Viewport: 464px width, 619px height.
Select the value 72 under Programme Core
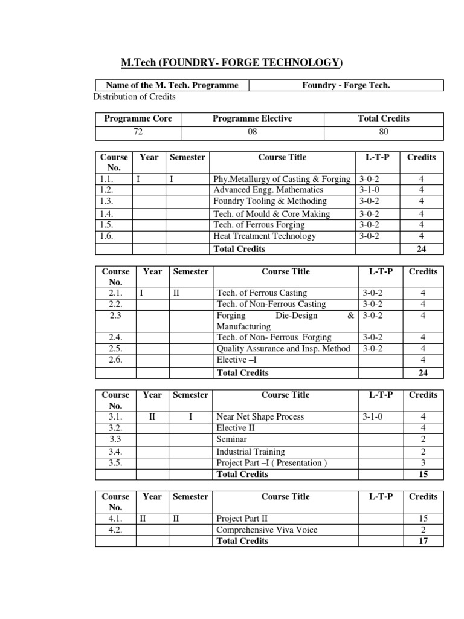(x=138, y=131)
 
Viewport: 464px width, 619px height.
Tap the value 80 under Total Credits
(x=384, y=131)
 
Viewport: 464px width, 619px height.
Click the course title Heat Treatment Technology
(x=265, y=236)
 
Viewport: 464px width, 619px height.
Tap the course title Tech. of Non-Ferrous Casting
(x=271, y=304)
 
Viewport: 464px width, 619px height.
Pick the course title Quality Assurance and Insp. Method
(x=283, y=349)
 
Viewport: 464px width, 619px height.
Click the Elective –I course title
(x=231, y=360)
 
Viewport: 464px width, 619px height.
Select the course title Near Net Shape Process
(x=260, y=416)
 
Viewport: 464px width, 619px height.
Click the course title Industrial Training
(x=250, y=452)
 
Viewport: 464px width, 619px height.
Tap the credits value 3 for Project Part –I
(x=423, y=463)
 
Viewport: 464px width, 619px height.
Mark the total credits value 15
(x=423, y=475)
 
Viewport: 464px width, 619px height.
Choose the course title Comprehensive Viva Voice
(x=266, y=530)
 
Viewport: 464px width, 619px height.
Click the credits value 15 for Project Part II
(x=423, y=519)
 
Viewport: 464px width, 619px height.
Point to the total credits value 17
(x=423, y=541)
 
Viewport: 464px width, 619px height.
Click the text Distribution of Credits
(x=135, y=97)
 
